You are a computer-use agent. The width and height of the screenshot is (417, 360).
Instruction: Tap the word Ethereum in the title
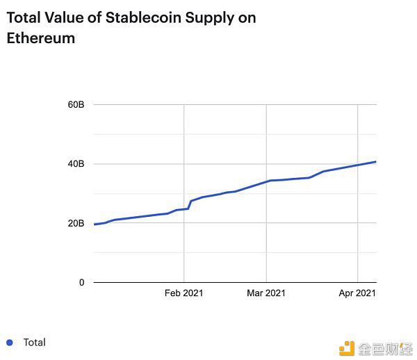click(40, 38)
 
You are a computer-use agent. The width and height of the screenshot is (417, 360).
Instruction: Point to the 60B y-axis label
click(76, 105)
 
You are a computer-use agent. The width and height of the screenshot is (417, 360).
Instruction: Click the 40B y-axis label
click(76, 164)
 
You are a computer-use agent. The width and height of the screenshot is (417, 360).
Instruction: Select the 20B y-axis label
click(76, 224)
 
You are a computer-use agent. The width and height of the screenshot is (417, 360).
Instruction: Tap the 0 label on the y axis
click(81, 283)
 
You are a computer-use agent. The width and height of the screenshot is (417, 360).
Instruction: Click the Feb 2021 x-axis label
click(183, 294)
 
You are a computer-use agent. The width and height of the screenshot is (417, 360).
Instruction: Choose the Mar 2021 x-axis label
click(266, 294)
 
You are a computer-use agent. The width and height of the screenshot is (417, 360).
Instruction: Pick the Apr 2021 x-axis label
click(357, 294)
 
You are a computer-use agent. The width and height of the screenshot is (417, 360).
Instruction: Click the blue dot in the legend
click(9, 342)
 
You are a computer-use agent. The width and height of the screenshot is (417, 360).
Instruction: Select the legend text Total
click(34, 342)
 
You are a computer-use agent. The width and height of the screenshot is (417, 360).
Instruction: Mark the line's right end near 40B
click(375, 162)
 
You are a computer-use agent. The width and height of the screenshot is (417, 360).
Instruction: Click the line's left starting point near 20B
click(95, 224)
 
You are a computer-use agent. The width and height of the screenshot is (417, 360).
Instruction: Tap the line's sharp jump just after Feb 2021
click(190, 204)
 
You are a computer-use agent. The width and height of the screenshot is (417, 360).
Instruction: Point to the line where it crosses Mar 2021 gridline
click(267, 181)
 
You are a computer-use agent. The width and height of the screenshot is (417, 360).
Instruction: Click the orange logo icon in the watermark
click(347, 347)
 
